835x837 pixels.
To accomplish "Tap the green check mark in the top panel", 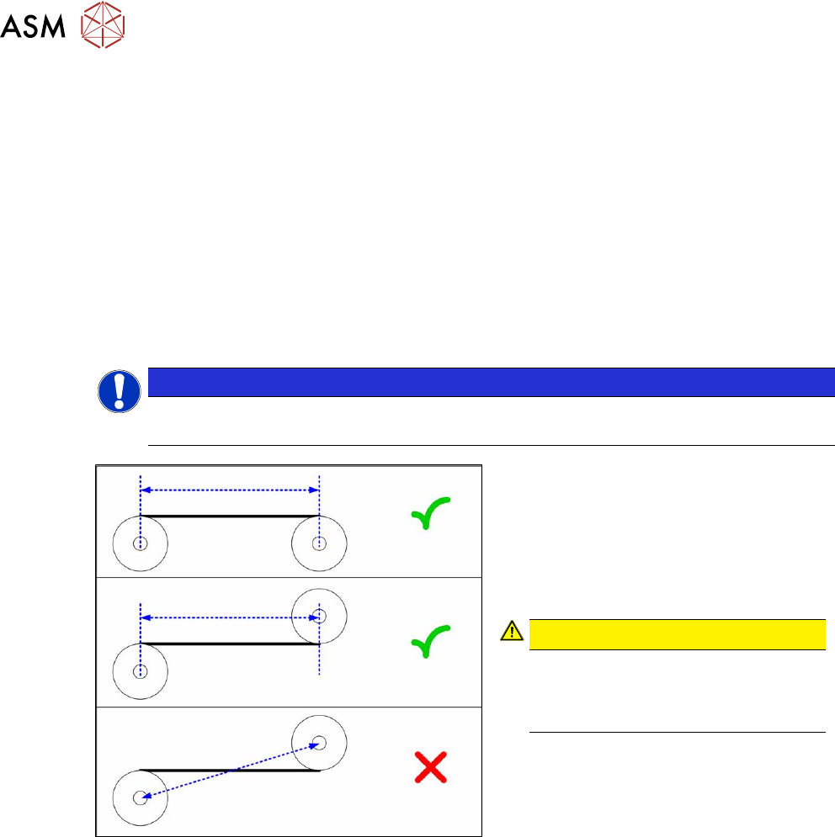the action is (x=429, y=512).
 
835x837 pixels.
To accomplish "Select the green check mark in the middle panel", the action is (x=429, y=641).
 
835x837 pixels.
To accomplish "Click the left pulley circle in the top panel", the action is (x=141, y=543).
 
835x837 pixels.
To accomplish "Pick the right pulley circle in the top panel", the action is (x=319, y=543).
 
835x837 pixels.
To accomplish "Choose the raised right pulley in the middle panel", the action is (x=319, y=616).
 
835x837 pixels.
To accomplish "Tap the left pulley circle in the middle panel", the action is (x=141, y=671).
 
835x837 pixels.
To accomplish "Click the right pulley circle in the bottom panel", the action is (x=319, y=743).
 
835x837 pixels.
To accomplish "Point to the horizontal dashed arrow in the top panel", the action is (x=230, y=489).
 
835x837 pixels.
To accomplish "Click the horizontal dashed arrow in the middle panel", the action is (x=230, y=617).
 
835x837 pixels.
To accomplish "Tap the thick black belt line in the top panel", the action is (x=230, y=515).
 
